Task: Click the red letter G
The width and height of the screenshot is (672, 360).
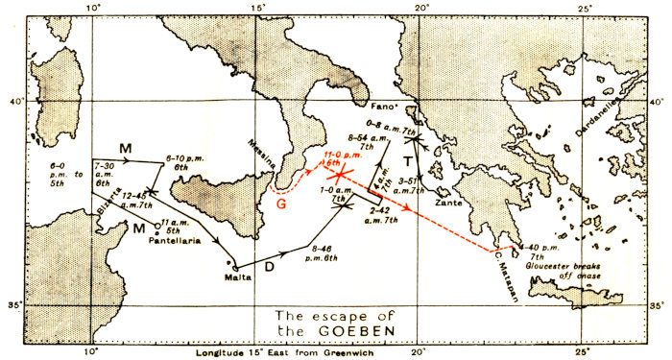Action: coord(281,203)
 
